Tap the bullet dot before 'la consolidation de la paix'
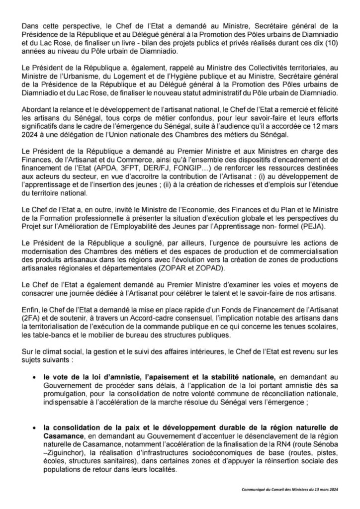(33, 426)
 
